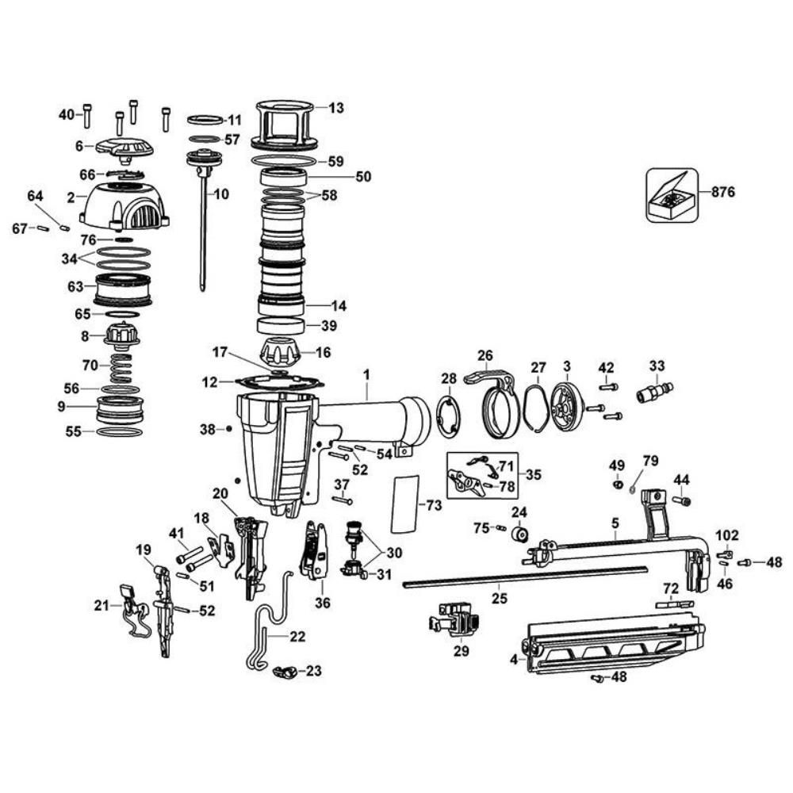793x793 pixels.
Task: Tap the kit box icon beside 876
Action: pos(671,194)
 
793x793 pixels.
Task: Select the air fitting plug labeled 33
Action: pos(655,392)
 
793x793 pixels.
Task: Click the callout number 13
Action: pos(336,108)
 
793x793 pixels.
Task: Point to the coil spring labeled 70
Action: pos(121,367)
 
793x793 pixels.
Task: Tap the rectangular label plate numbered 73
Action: pos(404,504)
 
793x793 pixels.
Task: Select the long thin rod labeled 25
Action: pos(523,577)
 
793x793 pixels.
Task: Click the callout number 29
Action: pos(461,651)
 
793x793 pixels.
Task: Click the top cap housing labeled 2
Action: pos(125,204)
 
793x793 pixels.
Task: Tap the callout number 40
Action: pos(66,114)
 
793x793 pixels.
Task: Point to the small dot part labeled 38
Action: pos(229,430)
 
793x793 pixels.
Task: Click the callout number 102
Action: pos(726,535)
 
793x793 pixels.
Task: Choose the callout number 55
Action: pos(72,432)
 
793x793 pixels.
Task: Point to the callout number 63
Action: pos(75,286)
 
